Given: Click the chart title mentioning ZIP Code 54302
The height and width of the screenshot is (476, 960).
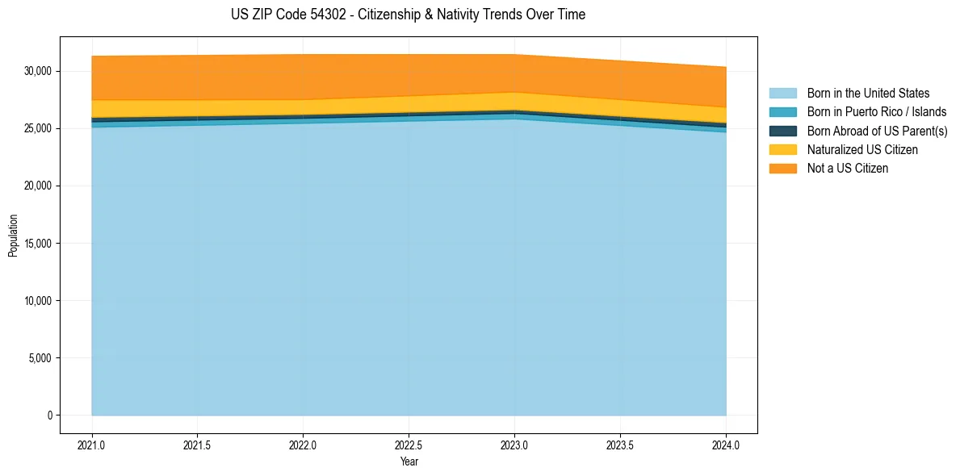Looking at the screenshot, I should point(408,15).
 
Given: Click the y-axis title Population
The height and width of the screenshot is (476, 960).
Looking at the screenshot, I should point(13,236).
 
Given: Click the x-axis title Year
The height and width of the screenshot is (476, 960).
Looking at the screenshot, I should point(409,461).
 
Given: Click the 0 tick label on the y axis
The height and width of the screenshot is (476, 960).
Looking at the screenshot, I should point(48,415).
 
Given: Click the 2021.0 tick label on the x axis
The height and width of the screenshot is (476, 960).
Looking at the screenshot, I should point(92,444).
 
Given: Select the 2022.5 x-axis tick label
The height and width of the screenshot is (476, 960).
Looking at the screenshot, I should point(409,444).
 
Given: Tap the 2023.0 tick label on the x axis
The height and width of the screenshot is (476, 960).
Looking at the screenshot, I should point(514,444).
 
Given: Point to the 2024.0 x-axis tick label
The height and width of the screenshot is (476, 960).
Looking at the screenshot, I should point(726,444).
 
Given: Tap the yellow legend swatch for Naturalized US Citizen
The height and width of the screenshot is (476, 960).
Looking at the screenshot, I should point(782,149).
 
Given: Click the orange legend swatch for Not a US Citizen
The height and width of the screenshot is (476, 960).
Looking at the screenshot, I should point(782,168).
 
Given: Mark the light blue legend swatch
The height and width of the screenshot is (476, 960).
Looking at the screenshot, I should point(782,94).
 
